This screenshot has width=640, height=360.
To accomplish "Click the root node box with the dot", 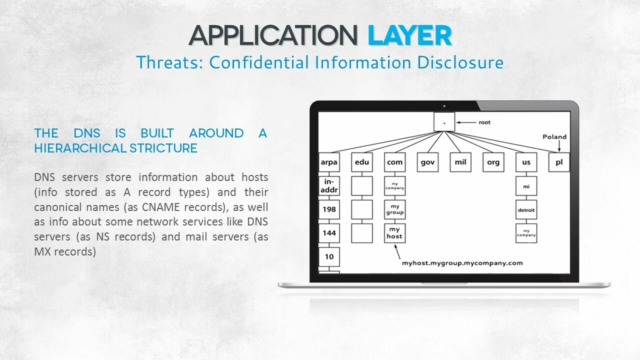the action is click(444, 121).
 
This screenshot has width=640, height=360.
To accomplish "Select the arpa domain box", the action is click(329, 162).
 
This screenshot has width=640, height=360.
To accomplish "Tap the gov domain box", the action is click(427, 162).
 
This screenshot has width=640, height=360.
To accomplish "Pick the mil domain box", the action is click(460, 162).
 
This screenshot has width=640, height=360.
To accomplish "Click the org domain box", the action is click(493, 162).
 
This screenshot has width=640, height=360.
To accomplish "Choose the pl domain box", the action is click(559, 162).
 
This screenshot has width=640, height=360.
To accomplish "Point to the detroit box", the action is click(526, 209).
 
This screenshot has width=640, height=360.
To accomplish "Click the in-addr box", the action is click(329, 186).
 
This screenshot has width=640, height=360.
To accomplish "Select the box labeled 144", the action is click(329, 233).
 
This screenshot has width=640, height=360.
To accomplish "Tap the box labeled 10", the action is click(329, 257).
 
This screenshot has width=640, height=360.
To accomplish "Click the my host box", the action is click(395, 233).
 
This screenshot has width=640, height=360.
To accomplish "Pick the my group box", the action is click(395, 209).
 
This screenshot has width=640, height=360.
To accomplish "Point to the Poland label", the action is click(554, 137).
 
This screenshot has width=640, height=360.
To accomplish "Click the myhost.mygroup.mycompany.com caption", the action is click(462, 263).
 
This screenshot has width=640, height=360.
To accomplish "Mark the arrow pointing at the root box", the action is click(466, 122).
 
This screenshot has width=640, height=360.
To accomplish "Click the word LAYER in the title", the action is click(409, 35).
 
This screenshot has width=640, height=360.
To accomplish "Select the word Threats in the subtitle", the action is click(169, 62).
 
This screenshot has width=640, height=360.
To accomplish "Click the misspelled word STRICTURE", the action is click(163, 148).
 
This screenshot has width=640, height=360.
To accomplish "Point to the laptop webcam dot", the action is click(444, 106).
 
